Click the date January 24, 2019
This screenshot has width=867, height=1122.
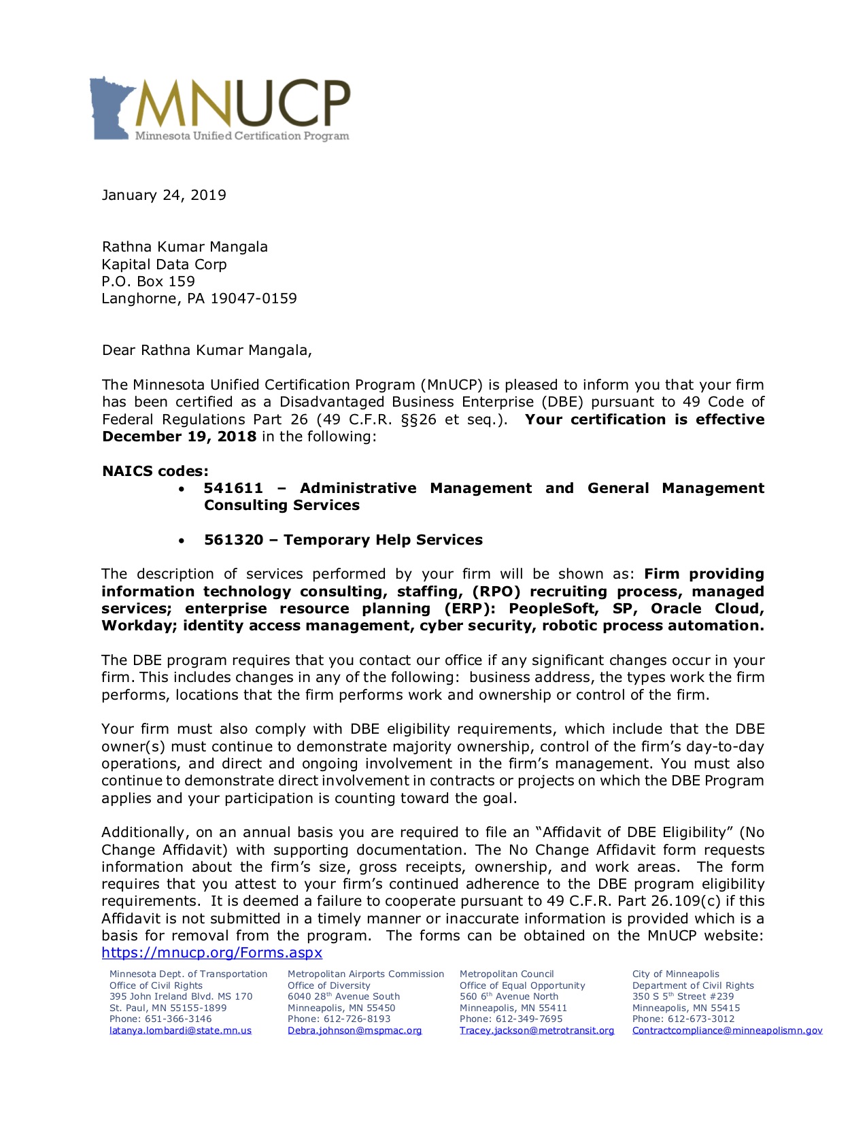point(164,196)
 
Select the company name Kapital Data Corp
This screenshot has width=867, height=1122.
point(164,265)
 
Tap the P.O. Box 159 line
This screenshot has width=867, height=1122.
point(148,282)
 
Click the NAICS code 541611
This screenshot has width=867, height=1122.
point(233,488)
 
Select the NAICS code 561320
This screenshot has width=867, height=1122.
point(233,540)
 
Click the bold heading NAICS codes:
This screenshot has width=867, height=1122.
point(155,471)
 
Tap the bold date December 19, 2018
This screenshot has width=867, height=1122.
point(179,437)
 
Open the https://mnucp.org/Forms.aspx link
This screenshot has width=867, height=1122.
point(211,953)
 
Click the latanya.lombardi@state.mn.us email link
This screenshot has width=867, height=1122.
point(180,1030)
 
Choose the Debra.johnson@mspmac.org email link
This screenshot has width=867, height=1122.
point(354,1030)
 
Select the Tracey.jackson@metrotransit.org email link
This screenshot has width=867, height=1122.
point(537,1030)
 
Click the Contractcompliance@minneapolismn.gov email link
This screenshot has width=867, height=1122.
point(727,1030)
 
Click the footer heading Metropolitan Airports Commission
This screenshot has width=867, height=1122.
point(366,974)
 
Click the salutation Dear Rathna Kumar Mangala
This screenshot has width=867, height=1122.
point(207,351)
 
